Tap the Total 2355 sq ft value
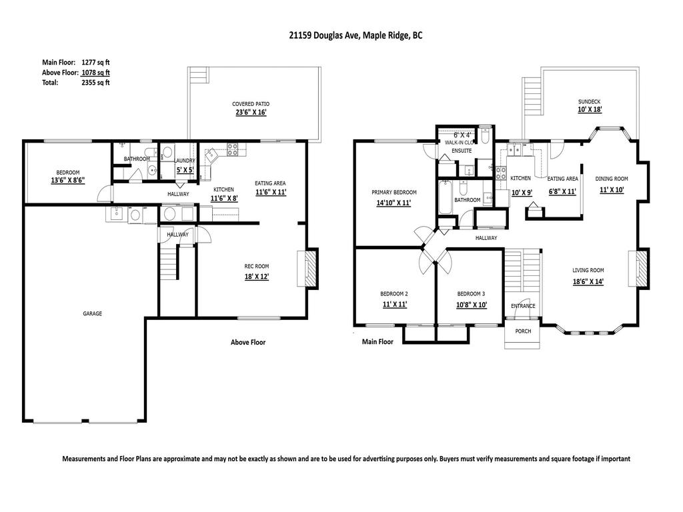95,83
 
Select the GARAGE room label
92,313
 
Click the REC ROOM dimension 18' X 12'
257,276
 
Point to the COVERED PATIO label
251,104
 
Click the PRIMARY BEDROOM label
394,193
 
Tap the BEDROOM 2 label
394,294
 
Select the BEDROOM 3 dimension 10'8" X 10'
471,305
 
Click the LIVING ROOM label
588,270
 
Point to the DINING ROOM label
612,179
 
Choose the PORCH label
523,330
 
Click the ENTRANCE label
523,306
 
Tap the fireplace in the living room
642,269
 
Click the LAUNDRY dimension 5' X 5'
184,170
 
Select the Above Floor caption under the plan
248,343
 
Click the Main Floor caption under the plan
378,342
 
